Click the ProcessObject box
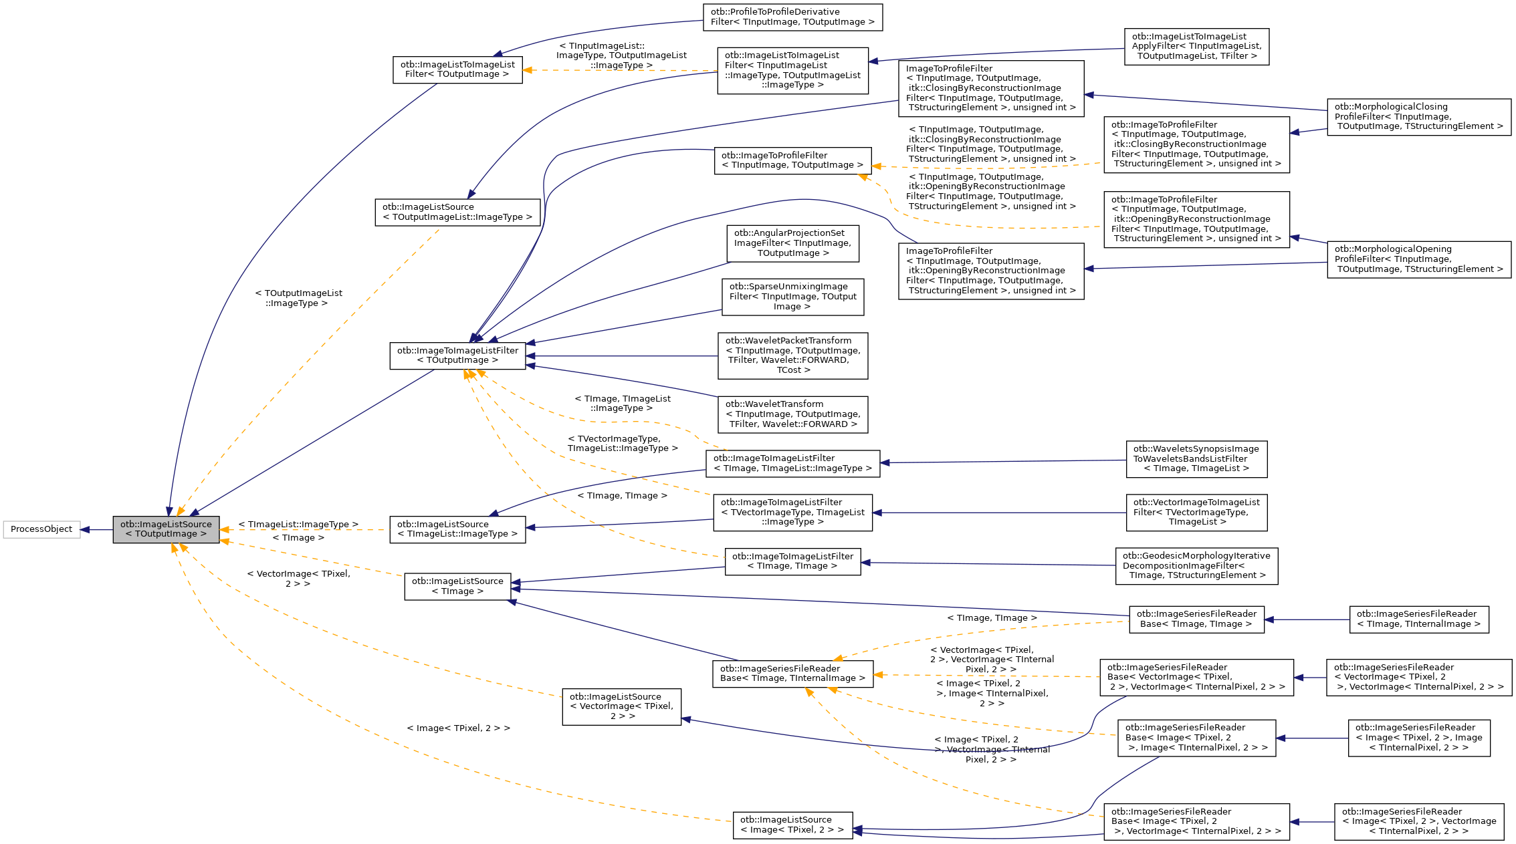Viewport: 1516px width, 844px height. click(41, 529)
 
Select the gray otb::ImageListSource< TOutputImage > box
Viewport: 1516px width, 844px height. click(166, 529)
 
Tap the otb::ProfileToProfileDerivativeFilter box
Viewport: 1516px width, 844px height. click(792, 17)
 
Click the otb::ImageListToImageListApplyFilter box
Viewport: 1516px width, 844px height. click(1196, 47)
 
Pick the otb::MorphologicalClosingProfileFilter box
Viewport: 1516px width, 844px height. click(1418, 117)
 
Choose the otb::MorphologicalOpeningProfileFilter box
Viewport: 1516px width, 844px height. click(1418, 259)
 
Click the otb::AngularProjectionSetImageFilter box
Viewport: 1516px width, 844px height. click(792, 243)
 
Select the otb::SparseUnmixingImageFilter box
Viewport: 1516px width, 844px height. click(792, 297)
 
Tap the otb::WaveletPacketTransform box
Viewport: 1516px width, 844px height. click(792, 356)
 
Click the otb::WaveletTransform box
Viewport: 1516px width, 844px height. click(792, 414)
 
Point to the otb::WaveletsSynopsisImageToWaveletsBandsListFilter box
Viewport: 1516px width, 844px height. click(1196, 459)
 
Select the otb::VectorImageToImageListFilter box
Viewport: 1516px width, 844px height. click(1196, 513)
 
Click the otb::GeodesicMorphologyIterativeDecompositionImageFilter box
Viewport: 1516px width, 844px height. click(1196, 566)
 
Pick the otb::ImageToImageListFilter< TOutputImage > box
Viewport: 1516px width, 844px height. click(457, 356)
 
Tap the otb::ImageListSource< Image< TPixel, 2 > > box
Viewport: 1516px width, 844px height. click(792, 825)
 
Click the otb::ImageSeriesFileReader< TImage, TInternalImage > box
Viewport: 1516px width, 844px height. click(1418, 619)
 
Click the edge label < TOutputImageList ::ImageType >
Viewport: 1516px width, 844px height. click(298, 298)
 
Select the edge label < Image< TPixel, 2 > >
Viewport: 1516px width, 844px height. click(458, 728)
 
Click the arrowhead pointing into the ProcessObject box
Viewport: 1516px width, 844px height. click(85, 530)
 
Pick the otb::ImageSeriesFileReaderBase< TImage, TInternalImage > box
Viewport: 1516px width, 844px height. click(792, 674)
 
